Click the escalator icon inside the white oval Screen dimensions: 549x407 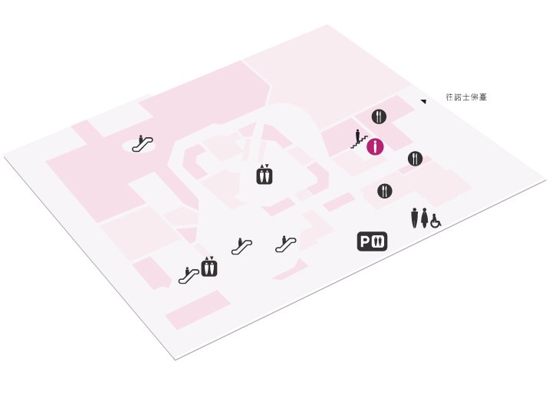(x=143, y=143)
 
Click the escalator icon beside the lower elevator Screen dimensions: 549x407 (x=189, y=275)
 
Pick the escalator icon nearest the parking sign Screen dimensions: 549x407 (x=286, y=244)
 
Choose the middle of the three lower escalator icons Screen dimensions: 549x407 (x=242, y=246)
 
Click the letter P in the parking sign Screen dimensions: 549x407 (x=365, y=241)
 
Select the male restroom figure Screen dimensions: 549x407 (x=415, y=218)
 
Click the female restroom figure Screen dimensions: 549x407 (x=424, y=218)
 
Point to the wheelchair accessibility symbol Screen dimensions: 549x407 (x=436, y=221)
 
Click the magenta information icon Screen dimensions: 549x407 (x=376, y=146)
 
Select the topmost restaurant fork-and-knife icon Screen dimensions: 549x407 (x=379, y=117)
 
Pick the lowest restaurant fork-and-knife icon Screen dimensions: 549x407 (x=385, y=191)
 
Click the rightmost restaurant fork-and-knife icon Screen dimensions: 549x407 (x=416, y=159)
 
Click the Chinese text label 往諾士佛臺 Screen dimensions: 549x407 (x=466, y=97)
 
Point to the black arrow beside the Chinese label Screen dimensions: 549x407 (x=424, y=101)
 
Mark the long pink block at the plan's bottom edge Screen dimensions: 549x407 (x=198, y=310)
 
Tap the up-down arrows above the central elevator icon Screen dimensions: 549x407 (x=265, y=166)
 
